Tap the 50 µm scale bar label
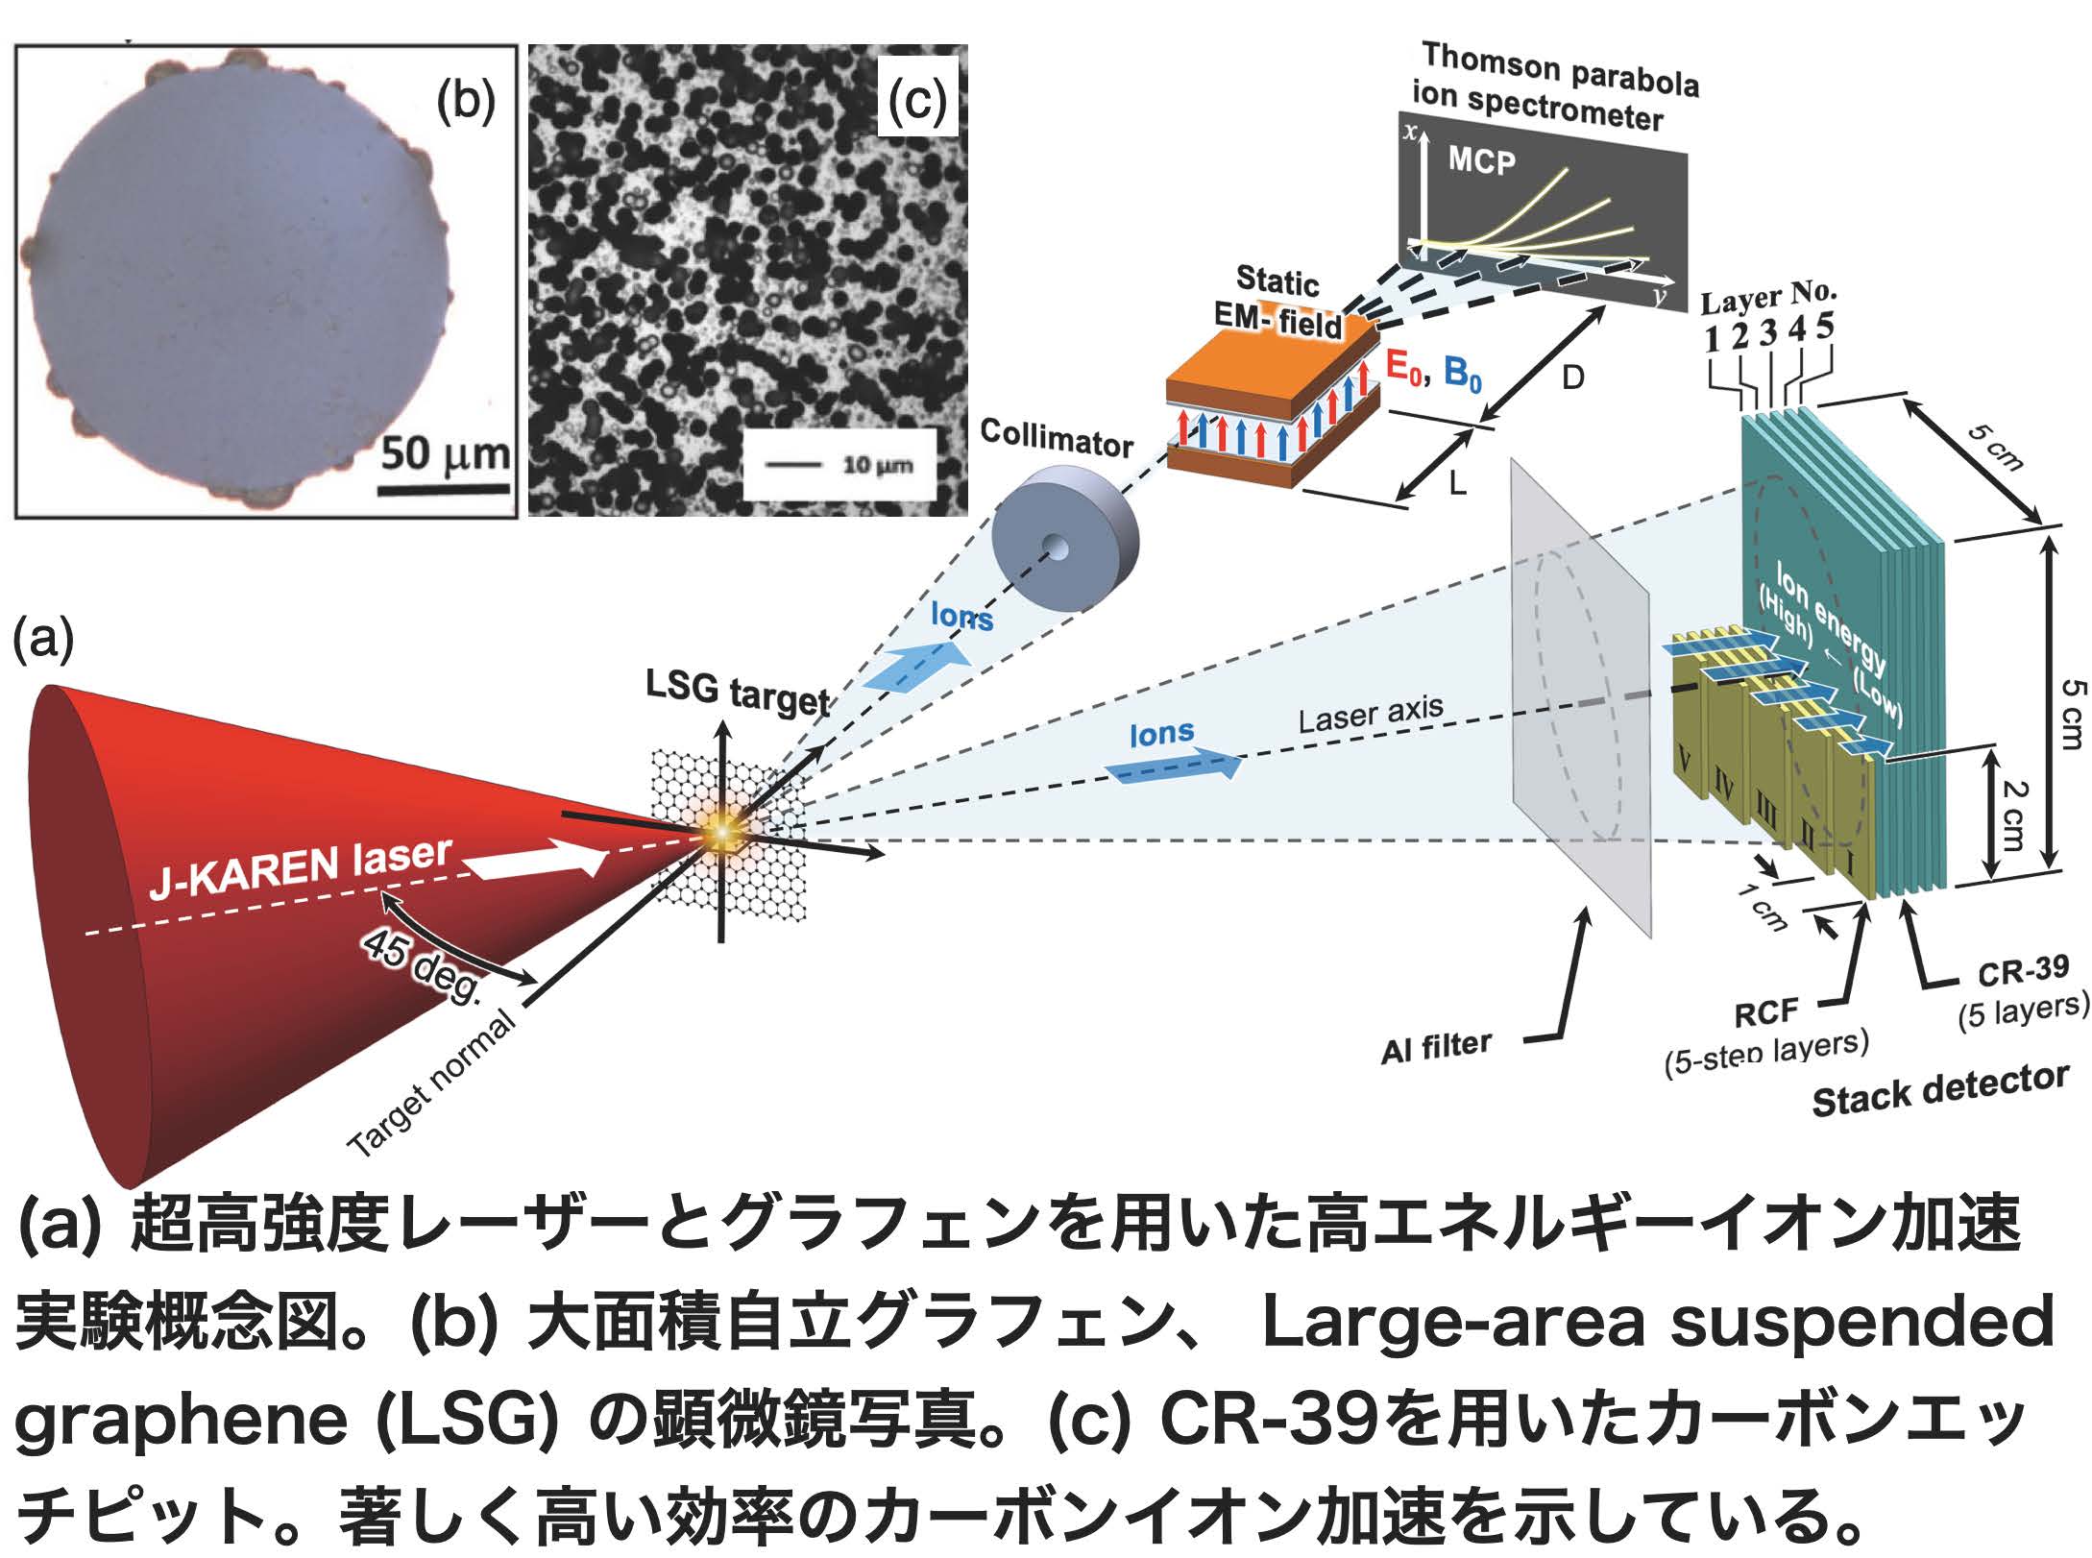[x=445, y=453]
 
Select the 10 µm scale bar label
[x=877, y=466]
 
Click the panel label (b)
[x=465, y=99]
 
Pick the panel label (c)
[x=916, y=99]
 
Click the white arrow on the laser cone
[x=538, y=858]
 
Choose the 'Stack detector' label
[x=1939, y=1091]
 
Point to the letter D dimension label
[x=1571, y=378]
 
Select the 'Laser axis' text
[x=1371, y=714]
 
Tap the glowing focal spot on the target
[x=721, y=833]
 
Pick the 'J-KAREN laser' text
[x=300, y=867]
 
